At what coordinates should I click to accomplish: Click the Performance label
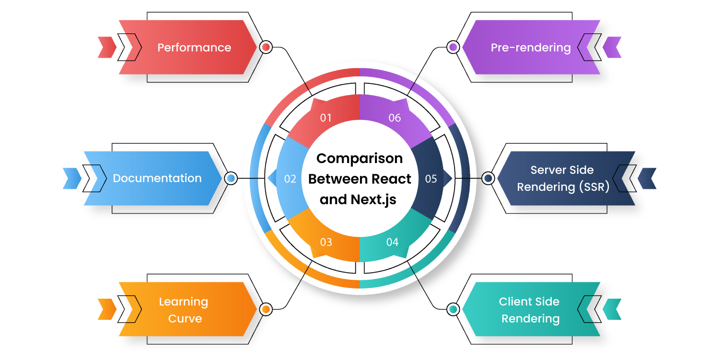click(194, 47)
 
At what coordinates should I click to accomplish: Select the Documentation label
click(157, 178)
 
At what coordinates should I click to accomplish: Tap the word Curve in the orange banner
click(185, 318)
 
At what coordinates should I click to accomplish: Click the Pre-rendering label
click(531, 47)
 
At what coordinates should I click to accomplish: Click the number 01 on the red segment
click(326, 118)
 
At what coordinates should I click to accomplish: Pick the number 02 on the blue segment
click(290, 179)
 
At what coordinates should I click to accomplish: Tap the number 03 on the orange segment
click(326, 242)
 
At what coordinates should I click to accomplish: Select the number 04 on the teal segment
click(392, 242)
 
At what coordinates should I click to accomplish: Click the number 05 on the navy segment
click(431, 179)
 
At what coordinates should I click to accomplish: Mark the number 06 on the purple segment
click(395, 118)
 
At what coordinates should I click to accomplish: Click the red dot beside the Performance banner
click(266, 47)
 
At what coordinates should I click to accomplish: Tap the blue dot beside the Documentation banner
click(231, 178)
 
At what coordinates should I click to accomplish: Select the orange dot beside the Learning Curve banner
click(266, 309)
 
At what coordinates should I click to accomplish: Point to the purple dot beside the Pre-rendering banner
click(453, 47)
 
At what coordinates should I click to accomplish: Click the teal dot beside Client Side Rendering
click(453, 309)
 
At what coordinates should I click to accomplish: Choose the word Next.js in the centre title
click(373, 200)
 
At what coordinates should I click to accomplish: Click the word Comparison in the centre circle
click(359, 159)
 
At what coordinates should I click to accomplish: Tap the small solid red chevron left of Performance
click(107, 47)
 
